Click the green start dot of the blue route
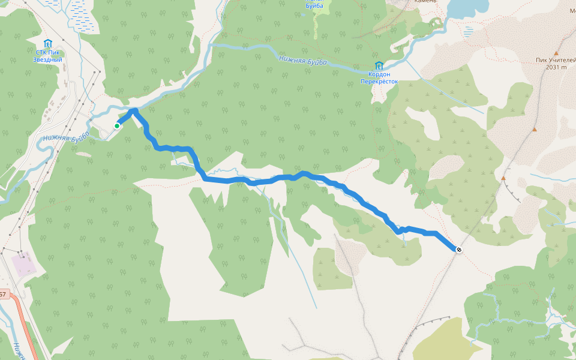tap(117, 126)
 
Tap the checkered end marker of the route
tap(459, 250)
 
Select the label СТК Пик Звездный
tap(48, 56)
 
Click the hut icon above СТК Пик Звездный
tap(48, 43)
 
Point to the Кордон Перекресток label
tap(379, 77)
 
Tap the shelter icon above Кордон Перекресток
tap(379, 65)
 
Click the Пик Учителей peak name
tap(556, 60)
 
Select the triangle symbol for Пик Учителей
tap(556, 53)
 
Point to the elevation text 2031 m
tap(556, 67)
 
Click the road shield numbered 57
tap(3, 295)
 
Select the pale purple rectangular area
tap(24, 265)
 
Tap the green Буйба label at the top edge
tap(314, 5)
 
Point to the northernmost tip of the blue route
tap(134, 110)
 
